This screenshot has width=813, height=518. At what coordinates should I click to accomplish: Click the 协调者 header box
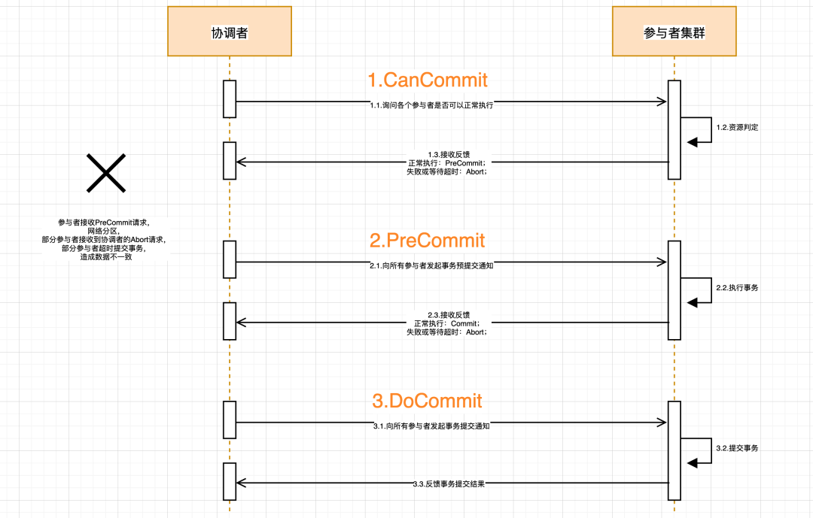click(230, 31)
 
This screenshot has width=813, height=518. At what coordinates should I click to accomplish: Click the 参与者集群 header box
click(674, 31)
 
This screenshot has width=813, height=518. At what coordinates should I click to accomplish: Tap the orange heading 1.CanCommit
click(428, 80)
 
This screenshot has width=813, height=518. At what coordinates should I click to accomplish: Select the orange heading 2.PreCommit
click(428, 241)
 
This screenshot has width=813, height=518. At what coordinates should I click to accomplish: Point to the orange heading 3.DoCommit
click(428, 401)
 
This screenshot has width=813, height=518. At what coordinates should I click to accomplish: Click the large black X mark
click(106, 173)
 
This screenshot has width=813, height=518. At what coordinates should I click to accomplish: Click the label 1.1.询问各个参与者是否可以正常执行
click(431, 105)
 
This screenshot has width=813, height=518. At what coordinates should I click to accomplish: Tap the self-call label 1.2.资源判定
click(737, 127)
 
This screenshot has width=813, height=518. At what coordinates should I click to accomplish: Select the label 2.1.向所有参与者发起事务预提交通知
click(431, 265)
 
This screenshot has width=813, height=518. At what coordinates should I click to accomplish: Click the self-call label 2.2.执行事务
click(737, 288)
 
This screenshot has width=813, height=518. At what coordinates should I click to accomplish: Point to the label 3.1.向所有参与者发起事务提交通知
click(431, 426)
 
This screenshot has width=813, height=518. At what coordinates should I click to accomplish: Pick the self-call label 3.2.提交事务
click(737, 449)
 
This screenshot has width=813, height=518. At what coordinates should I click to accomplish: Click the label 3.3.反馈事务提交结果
click(449, 484)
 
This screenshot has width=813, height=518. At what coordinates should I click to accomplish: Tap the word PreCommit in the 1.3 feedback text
click(464, 163)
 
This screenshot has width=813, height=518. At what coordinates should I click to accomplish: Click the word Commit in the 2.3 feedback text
click(464, 324)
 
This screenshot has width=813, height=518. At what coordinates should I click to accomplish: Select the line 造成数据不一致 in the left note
click(106, 257)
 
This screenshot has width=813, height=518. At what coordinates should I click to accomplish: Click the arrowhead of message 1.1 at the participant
click(662, 101)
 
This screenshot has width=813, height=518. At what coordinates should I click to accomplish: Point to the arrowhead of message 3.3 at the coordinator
click(241, 483)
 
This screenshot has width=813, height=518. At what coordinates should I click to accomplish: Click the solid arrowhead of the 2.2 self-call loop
click(693, 302)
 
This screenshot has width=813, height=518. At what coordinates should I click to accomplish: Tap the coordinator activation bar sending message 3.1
click(230, 420)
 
